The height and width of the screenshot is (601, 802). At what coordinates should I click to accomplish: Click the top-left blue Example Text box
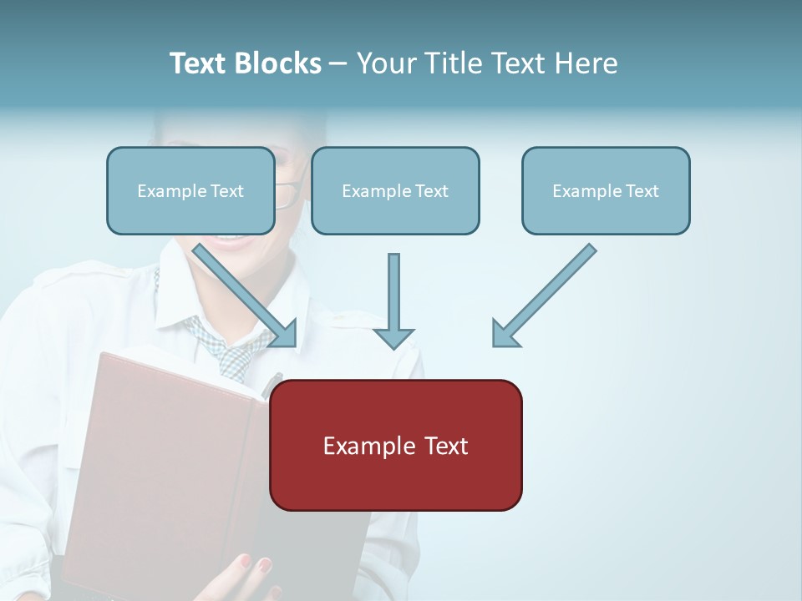coord(190,191)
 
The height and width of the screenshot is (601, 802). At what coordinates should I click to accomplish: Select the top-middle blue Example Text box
coord(395,191)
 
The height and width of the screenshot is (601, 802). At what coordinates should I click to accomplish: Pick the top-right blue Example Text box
coord(606,191)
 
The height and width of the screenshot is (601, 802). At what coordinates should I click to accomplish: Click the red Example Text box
coord(395,445)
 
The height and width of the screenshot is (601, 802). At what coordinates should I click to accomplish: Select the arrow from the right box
coord(543,295)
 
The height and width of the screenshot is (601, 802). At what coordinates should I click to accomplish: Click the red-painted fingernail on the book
coord(265,565)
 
